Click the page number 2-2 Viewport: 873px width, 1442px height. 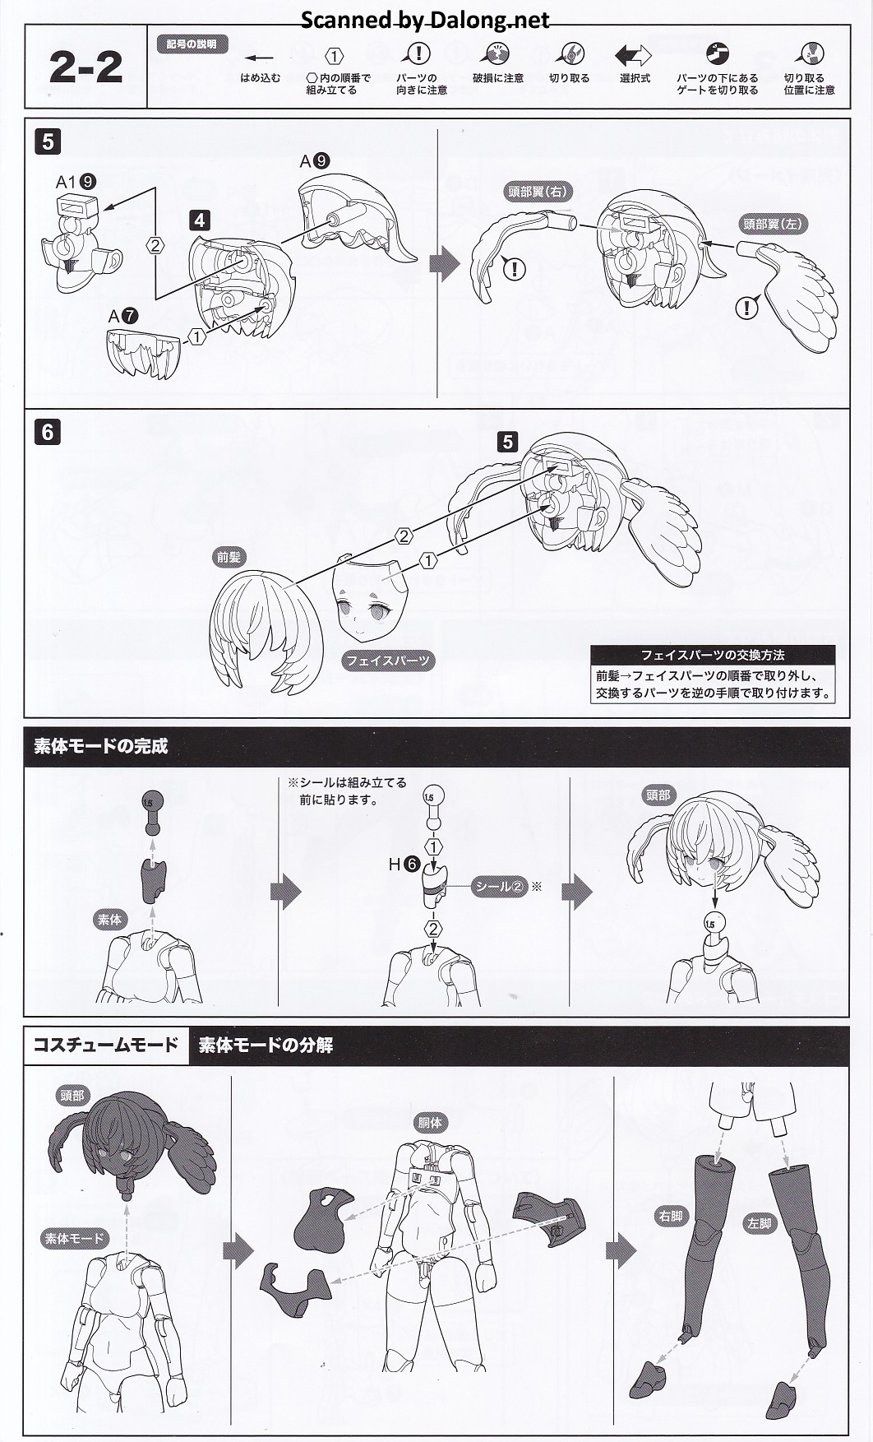pyautogui.click(x=85, y=67)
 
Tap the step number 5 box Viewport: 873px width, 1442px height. pyautogui.click(x=48, y=141)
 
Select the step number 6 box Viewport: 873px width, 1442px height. pyautogui.click(x=48, y=431)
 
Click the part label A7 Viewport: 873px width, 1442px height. pyautogui.click(x=123, y=316)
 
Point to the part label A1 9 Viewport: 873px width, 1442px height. pyautogui.click(x=76, y=182)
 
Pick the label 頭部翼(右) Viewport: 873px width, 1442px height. pyautogui.click(x=537, y=192)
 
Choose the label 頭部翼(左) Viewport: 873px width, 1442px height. pyautogui.click(x=772, y=224)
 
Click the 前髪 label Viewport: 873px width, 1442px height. pyautogui.click(x=229, y=557)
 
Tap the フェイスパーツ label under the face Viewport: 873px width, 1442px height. pyautogui.click(x=387, y=661)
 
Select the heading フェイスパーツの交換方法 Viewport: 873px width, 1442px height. pyautogui.click(x=712, y=655)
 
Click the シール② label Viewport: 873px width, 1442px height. pyautogui.click(x=499, y=887)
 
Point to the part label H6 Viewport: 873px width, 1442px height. pyautogui.click(x=404, y=865)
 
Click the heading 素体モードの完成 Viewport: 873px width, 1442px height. pyautogui.click(x=100, y=746)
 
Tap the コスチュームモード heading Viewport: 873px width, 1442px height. pyautogui.click(x=105, y=1045)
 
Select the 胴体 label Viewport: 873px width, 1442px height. pyautogui.click(x=430, y=1122)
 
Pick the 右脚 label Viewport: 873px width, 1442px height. pyautogui.click(x=670, y=1216)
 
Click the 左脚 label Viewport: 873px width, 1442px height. pyautogui.click(x=760, y=1223)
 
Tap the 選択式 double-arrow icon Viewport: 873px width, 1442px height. pyautogui.click(x=633, y=55)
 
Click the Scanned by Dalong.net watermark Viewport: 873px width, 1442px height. pyautogui.click(x=425, y=20)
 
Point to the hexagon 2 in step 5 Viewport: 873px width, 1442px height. pyautogui.click(x=155, y=244)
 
